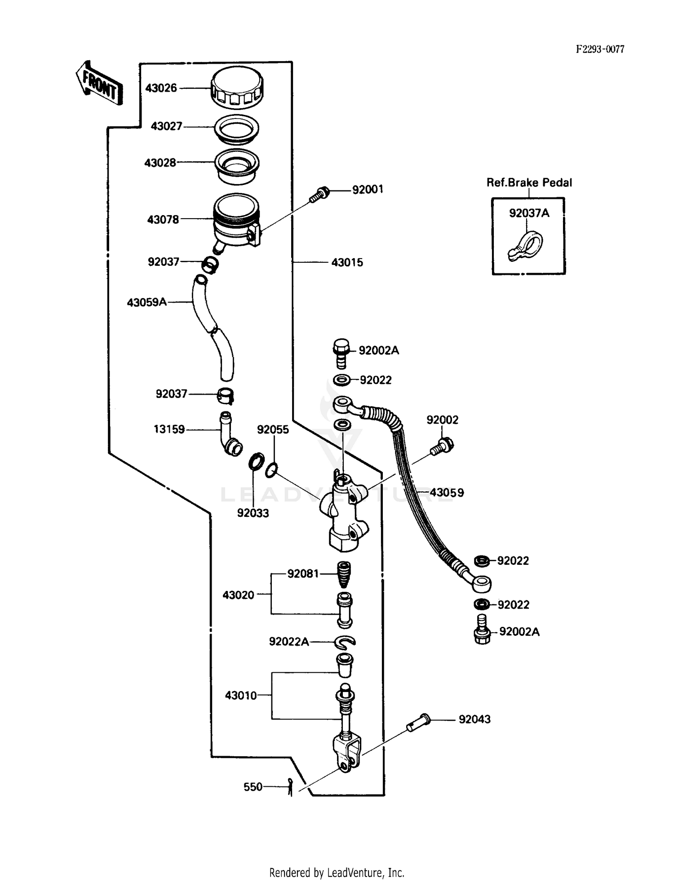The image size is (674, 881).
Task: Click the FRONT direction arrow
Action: tap(98, 84)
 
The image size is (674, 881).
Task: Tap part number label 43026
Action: tap(161, 88)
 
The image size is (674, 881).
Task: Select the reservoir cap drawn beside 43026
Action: tap(237, 88)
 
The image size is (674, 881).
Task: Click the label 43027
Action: tap(166, 127)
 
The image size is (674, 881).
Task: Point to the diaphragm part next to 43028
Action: tap(237, 166)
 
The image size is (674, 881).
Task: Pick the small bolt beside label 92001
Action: tap(320, 194)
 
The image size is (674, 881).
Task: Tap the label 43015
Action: tap(347, 263)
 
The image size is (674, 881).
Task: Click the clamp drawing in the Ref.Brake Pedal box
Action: tap(526, 247)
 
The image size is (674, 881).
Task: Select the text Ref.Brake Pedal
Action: tap(529, 183)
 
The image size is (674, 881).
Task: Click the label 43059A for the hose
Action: tap(146, 303)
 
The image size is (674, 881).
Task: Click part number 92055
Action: tap(273, 430)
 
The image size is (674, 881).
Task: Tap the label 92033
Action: tap(253, 513)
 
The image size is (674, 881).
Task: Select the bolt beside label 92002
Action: tap(442, 446)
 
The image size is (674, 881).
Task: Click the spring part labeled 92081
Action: tap(344, 575)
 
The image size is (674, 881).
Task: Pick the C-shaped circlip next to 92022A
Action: tap(346, 643)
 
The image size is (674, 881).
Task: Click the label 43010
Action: tap(241, 696)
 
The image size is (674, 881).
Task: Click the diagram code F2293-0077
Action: tap(600, 49)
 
